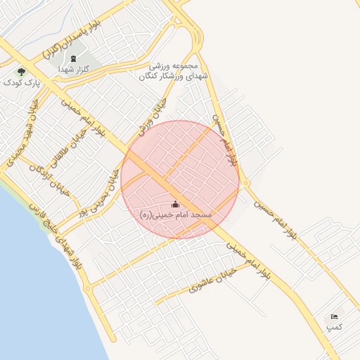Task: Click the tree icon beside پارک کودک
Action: coord(21,71)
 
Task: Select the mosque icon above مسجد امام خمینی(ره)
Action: coord(175,204)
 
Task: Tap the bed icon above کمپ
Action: coord(334,317)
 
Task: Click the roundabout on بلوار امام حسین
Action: coord(245,184)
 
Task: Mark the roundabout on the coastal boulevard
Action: coord(87,288)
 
